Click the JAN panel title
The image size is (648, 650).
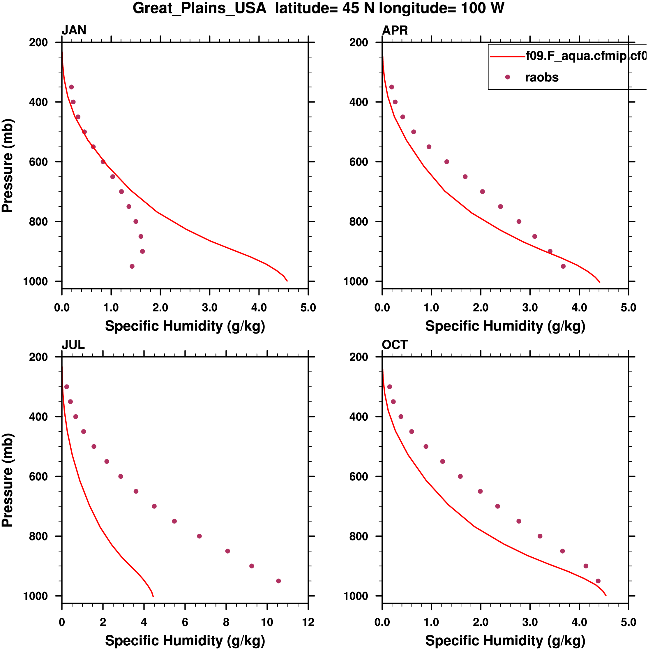(x=74, y=30)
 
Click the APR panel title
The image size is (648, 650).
(x=395, y=30)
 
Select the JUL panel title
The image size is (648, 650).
(x=73, y=345)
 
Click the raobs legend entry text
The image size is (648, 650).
(x=541, y=77)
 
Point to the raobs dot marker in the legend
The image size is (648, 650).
(x=507, y=77)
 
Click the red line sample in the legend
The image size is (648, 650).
(x=507, y=57)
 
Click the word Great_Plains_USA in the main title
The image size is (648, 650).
(x=199, y=8)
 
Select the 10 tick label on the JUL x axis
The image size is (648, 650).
(x=267, y=622)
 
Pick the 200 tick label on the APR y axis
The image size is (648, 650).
(x=359, y=43)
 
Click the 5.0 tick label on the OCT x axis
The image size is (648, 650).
(x=628, y=622)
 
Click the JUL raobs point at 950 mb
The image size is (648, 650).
(x=278, y=581)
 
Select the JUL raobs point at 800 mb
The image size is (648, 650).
(x=199, y=536)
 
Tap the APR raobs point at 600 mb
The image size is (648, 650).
(x=446, y=162)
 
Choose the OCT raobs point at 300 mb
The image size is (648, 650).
(x=390, y=387)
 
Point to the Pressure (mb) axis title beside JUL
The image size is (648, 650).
(x=7, y=480)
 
